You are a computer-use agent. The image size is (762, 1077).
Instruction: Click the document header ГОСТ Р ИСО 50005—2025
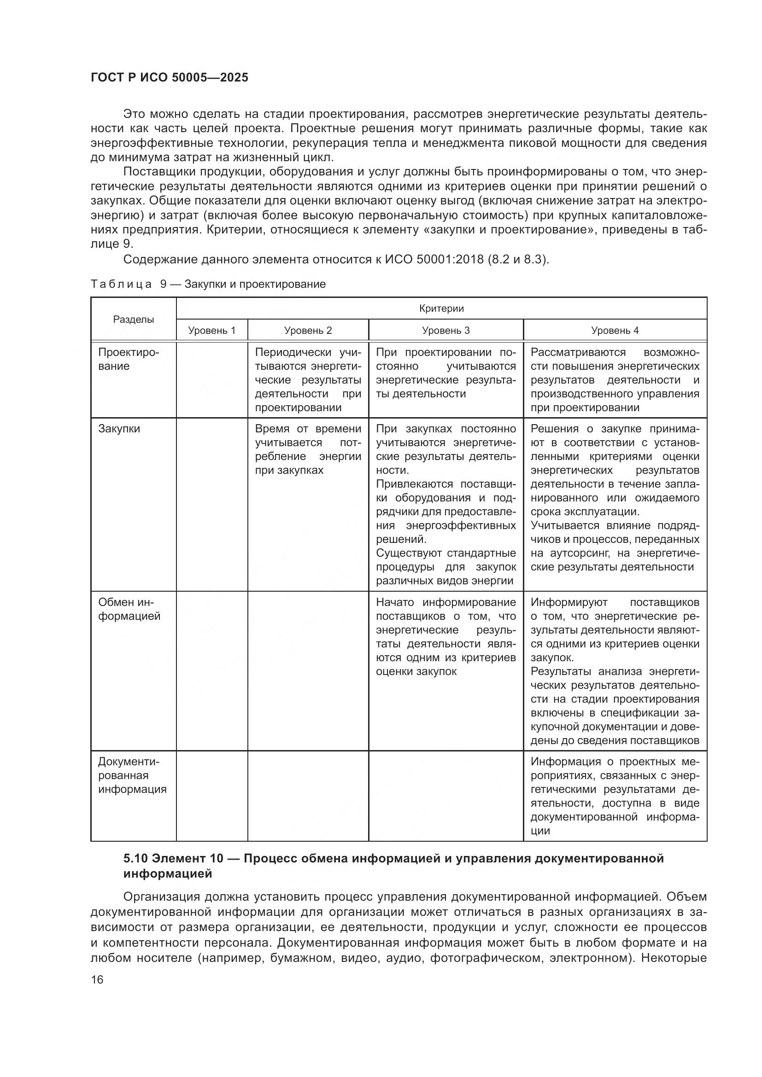pos(170,78)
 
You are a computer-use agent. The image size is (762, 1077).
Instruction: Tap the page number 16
pos(97,979)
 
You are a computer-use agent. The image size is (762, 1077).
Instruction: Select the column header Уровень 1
pos(211,330)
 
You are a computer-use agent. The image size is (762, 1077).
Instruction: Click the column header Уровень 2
pos(308,330)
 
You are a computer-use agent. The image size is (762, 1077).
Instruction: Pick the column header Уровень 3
pos(446,330)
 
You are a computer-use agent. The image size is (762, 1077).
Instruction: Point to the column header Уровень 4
pos(615,330)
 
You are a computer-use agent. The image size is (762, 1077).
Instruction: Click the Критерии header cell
pos(441,308)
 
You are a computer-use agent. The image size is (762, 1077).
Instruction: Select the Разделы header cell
pos(133,320)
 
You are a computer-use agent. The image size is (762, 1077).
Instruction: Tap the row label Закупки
pos(119,429)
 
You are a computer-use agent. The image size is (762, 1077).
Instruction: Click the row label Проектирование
pos(129,359)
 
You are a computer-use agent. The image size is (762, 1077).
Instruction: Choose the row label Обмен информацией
pos(129,609)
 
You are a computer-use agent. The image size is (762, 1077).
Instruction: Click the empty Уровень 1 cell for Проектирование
pos(211,379)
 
